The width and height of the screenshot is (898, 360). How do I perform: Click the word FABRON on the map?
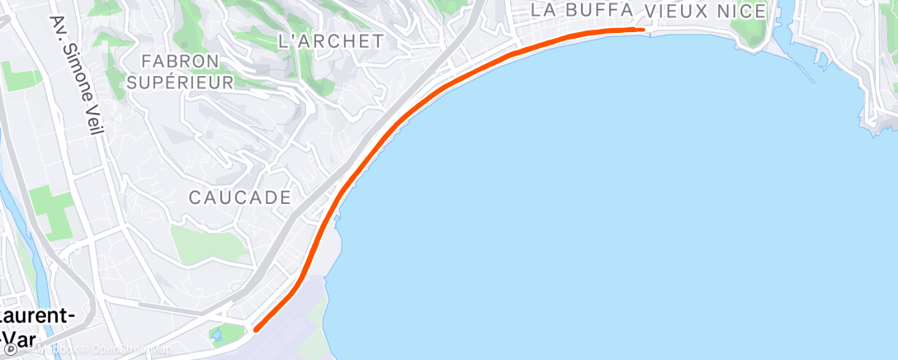coord(180,61)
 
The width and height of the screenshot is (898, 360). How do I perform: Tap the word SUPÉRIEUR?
coord(180,82)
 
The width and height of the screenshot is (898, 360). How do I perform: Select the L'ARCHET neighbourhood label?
coord(331,40)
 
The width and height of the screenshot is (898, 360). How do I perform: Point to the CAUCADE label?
coord(240,197)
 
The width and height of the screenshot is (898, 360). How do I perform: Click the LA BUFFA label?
coord(583,10)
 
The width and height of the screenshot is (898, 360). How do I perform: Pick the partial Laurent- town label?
coord(37,317)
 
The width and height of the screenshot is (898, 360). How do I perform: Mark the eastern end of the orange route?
coord(642,29)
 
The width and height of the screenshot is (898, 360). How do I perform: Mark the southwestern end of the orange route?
coord(255,329)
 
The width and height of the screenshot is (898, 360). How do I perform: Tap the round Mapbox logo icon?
coord(10,349)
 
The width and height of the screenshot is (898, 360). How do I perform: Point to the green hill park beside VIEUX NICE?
coord(749,31)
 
